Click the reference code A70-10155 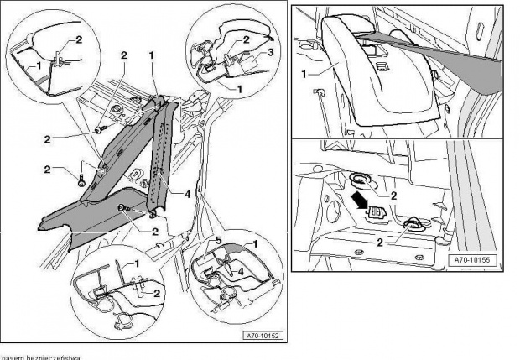coord(471,261)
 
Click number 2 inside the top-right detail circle coord(247,39)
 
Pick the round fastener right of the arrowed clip coord(413,224)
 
